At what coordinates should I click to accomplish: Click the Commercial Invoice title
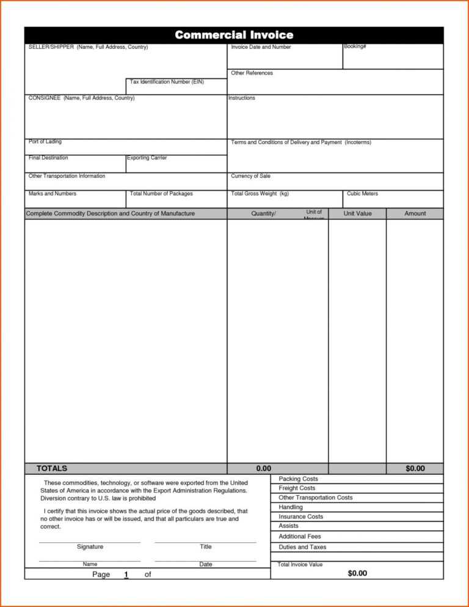pyautogui.click(x=234, y=35)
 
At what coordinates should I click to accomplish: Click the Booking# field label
pyautogui.click(x=355, y=47)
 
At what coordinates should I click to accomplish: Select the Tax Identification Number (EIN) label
pyautogui.click(x=167, y=82)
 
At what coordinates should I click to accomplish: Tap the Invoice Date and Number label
pyautogui.click(x=261, y=47)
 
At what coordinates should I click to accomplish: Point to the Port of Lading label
pyautogui.click(x=45, y=142)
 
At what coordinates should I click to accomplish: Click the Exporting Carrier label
pyautogui.click(x=147, y=158)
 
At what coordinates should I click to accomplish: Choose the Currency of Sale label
pyautogui.click(x=250, y=176)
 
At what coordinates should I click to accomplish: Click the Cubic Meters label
pyautogui.click(x=362, y=194)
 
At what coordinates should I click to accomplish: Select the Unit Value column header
pyautogui.click(x=357, y=213)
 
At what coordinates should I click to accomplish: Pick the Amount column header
pyautogui.click(x=415, y=213)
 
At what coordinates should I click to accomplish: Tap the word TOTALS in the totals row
pyautogui.click(x=52, y=469)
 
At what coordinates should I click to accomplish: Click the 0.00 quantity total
pyautogui.click(x=264, y=469)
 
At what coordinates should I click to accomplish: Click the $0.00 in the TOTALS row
pyautogui.click(x=415, y=469)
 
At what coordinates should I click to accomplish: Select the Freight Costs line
pyautogui.click(x=297, y=488)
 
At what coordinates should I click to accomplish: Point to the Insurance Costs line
pyautogui.click(x=301, y=517)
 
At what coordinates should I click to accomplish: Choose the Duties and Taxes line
pyautogui.click(x=302, y=547)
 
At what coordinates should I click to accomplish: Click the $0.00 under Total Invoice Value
pyautogui.click(x=357, y=573)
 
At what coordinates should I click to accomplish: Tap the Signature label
pyautogui.click(x=90, y=546)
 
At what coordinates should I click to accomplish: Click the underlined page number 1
pyautogui.click(x=126, y=575)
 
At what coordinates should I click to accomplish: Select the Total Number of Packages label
pyautogui.click(x=161, y=194)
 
